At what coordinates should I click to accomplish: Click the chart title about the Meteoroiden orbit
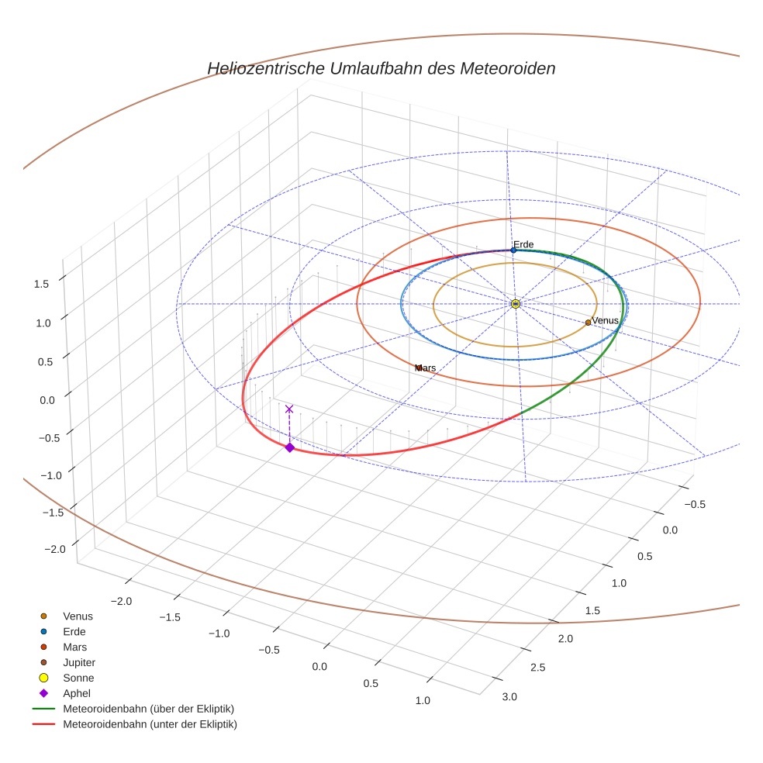(381, 68)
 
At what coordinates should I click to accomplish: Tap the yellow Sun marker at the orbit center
(516, 304)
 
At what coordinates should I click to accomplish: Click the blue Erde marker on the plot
(513, 250)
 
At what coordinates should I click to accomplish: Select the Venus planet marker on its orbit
(588, 323)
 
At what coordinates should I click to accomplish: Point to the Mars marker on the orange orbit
(419, 368)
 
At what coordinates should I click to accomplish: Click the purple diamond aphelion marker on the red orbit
(289, 447)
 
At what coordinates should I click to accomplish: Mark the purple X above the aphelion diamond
(289, 409)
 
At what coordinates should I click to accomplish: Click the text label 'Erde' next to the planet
(523, 244)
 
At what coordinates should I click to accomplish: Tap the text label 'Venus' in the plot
(605, 320)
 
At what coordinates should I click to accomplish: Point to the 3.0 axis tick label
(509, 696)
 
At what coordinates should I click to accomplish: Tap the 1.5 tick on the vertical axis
(41, 284)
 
